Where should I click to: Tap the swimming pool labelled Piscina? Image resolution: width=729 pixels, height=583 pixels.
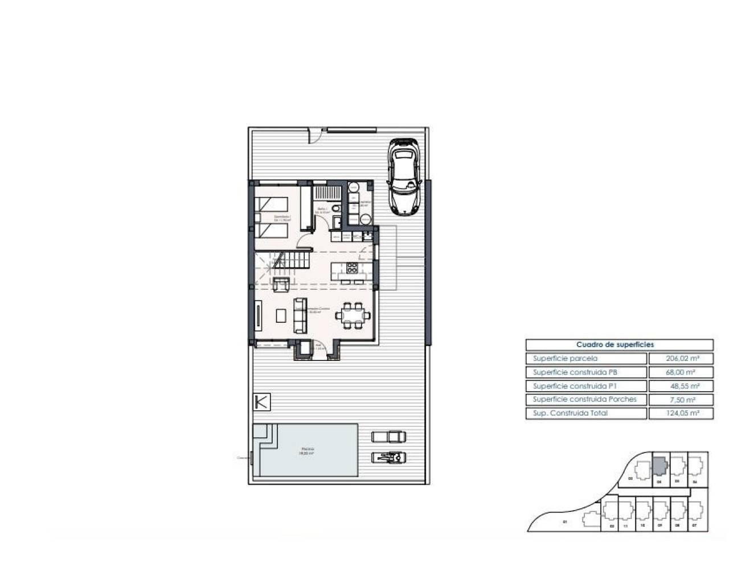click(x=308, y=450)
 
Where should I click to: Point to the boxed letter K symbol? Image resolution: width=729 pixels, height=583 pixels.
click(x=261, y=401)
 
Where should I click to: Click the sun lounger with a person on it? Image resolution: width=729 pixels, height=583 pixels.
click(x=389, y=456)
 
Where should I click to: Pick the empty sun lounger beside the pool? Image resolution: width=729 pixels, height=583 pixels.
click(x=389, y=437)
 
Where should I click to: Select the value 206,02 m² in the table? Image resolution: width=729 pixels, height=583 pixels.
click(x=681, y=359)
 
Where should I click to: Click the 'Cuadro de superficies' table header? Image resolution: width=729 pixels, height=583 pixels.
click(x=619, y=344)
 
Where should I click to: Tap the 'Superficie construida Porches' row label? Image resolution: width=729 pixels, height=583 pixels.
click(x=585, y=400)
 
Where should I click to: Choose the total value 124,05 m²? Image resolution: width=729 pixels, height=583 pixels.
click(x=681, y=413)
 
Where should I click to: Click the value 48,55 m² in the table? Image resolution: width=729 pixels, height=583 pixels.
click(x=681, y=386)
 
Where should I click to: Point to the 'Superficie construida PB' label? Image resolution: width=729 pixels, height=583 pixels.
click(x=575, y=372)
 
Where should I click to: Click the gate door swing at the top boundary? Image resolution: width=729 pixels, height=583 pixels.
click(x=314, y=136)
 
